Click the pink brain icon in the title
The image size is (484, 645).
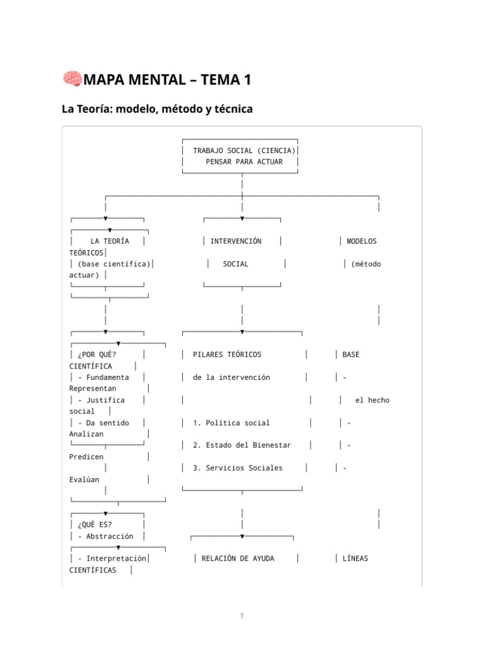point(72,79)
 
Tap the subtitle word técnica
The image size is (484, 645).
point(233,109)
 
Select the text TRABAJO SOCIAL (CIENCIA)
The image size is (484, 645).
point(244,151)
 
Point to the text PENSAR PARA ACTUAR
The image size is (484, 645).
point(244,162)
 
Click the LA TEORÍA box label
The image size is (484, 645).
point(110,241)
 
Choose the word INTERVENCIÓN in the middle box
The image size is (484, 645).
point(236,241)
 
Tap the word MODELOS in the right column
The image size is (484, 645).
point(362,241)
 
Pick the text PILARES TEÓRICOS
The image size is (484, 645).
point(227,355)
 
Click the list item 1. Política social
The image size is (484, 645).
point(231,423)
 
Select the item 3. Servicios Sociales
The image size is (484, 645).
point(238,468)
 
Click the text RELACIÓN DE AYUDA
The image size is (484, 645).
point(238,559)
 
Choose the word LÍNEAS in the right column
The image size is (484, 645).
point(355,559)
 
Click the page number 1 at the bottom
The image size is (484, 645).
point(241,616)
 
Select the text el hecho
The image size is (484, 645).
point(372,400)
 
